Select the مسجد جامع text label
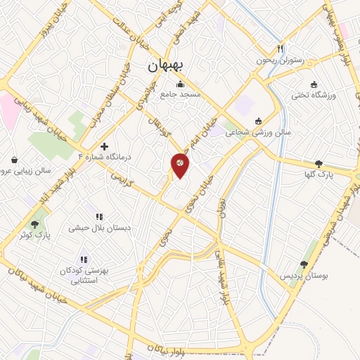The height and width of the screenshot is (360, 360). pos(180,94)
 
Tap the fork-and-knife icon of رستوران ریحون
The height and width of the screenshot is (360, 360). pos(281,50)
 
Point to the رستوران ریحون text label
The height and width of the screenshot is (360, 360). pos(280,61)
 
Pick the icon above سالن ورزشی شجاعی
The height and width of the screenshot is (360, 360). pos(258,120)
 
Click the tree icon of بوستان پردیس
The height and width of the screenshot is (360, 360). pos(304,265)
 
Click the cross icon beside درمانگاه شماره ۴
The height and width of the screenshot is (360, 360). pos(104,146)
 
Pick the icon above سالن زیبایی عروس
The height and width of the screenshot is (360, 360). pos(15,160)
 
